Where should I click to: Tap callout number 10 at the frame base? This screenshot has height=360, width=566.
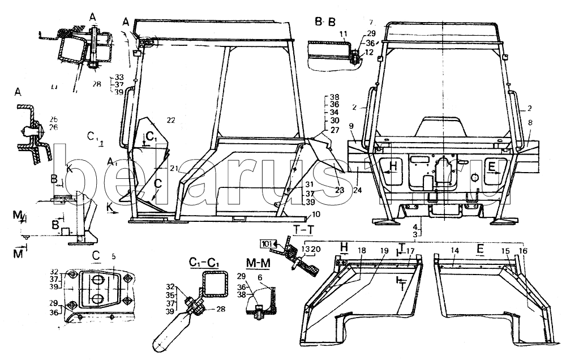[x=315, y=214]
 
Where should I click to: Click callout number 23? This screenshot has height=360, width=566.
[x=341, y=191]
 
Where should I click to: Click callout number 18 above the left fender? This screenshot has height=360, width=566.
[x=361, y=250]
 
